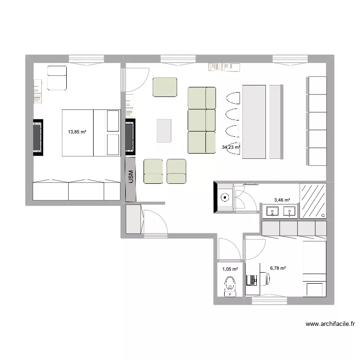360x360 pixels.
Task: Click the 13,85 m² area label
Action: (77, 131)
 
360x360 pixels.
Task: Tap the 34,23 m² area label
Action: (231, 147)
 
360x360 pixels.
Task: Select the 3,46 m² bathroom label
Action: (282, 200)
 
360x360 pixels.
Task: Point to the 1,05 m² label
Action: (230, 269)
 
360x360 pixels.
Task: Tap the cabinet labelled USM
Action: (131, 178)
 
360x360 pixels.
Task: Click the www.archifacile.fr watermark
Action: (330, 324)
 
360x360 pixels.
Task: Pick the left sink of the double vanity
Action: (272, 211)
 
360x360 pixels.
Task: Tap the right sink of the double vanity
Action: (289, 211)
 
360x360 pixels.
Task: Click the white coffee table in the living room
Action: (164, 131)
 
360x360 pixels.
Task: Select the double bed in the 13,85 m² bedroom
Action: (91, 133)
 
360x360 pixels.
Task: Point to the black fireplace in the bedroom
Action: (38, 137)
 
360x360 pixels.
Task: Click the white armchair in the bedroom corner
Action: (57, 78)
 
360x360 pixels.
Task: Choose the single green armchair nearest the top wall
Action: (165, 87)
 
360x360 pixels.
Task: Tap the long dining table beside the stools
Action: (254, 121)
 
